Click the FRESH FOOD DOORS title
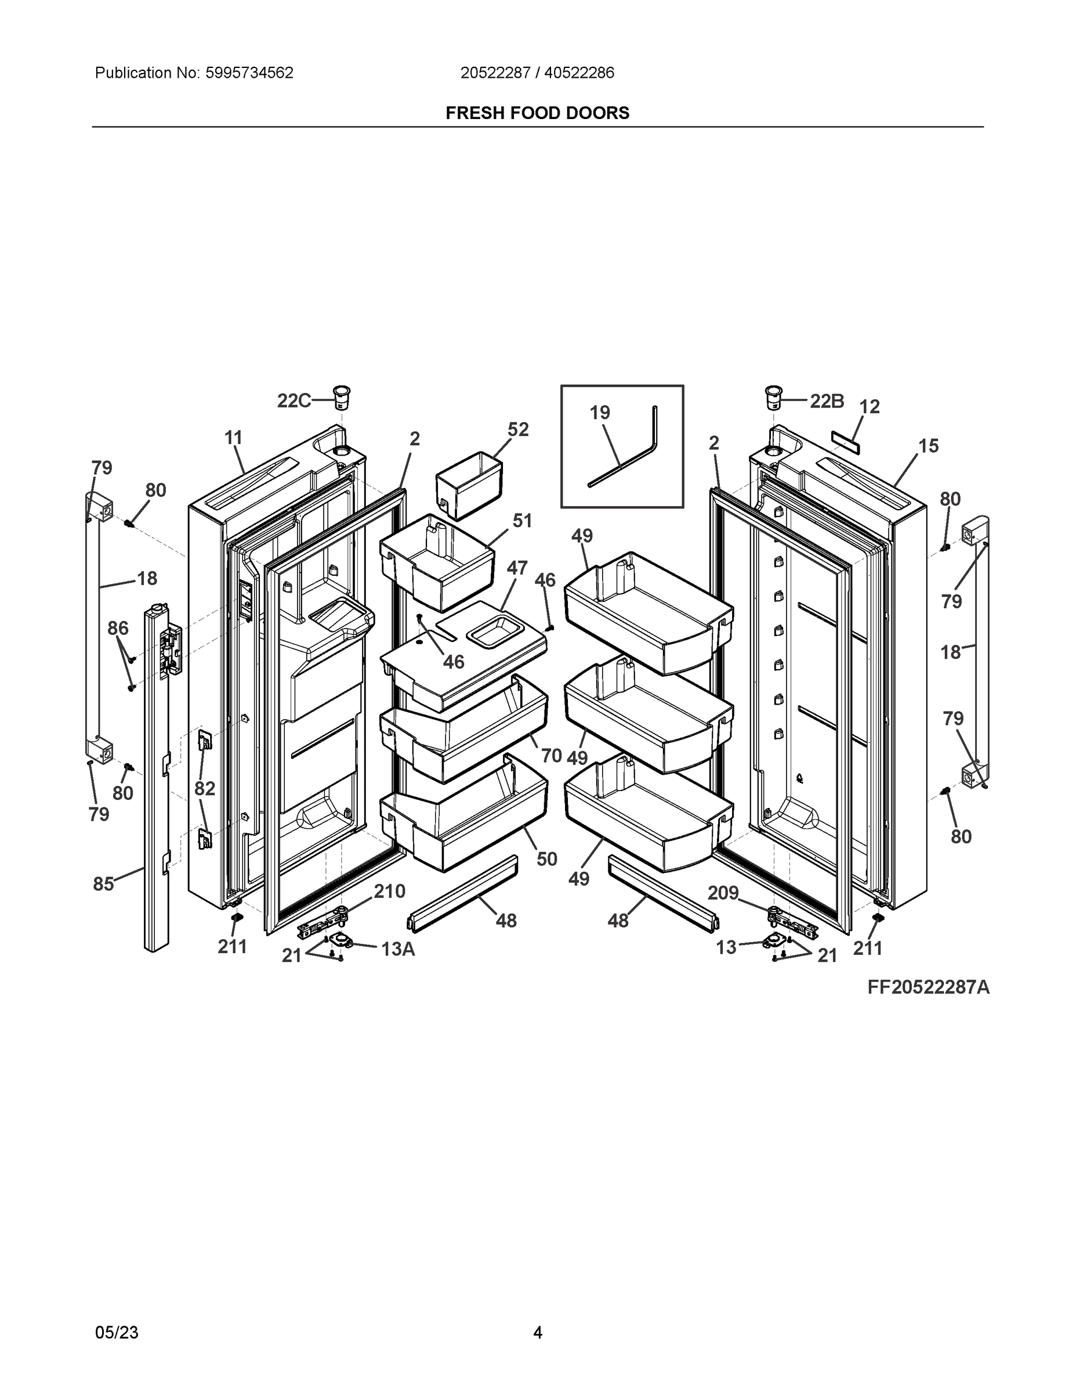tap(537, 113)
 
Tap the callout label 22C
tap(294, 400)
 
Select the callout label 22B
tap(827, 400)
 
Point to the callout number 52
tap(518, 430)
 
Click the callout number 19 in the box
tap(600, 413)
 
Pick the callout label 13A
tap(398, 949)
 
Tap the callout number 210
tap(389, 891)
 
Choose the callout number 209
tap(723, 893)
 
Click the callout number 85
tap(103, 884)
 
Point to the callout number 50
tap(547, 859)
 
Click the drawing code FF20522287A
tap(928, 987)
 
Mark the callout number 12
tap(870, 406)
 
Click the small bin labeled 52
tap(469, 485)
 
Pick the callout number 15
tap(929, 446)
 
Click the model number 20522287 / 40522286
tap(537, 73)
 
